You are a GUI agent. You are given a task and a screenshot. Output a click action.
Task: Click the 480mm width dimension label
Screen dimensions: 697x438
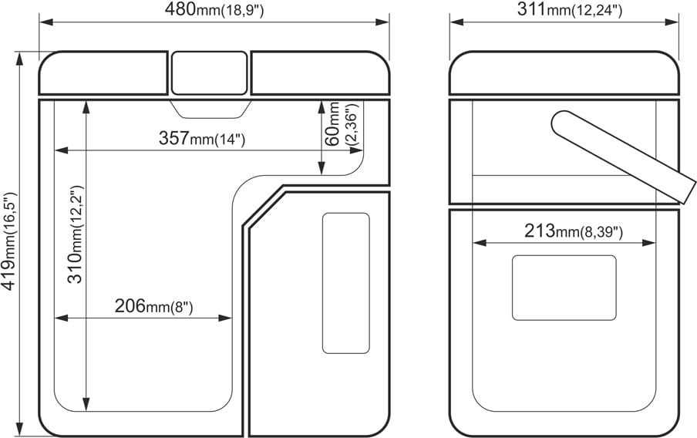click(214, 10)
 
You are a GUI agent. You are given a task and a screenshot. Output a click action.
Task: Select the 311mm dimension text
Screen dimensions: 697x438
click(570, 10)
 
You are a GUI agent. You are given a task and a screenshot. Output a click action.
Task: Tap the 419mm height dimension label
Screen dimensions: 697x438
click(9, 241)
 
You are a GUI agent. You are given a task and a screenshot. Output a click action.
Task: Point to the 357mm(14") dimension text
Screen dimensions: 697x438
click(202, 138)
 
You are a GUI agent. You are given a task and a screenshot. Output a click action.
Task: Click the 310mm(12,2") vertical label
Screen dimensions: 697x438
click(75, 234)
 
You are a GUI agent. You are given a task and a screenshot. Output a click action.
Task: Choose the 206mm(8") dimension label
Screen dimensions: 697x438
click(153, 306)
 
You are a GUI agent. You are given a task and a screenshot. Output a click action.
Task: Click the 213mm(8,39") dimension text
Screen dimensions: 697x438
click(574, 231)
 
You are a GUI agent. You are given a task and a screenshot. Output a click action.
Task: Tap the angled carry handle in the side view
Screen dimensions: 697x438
click(623, 157)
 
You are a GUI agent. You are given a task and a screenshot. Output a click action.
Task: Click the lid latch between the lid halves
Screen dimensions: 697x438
click(209, 73)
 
